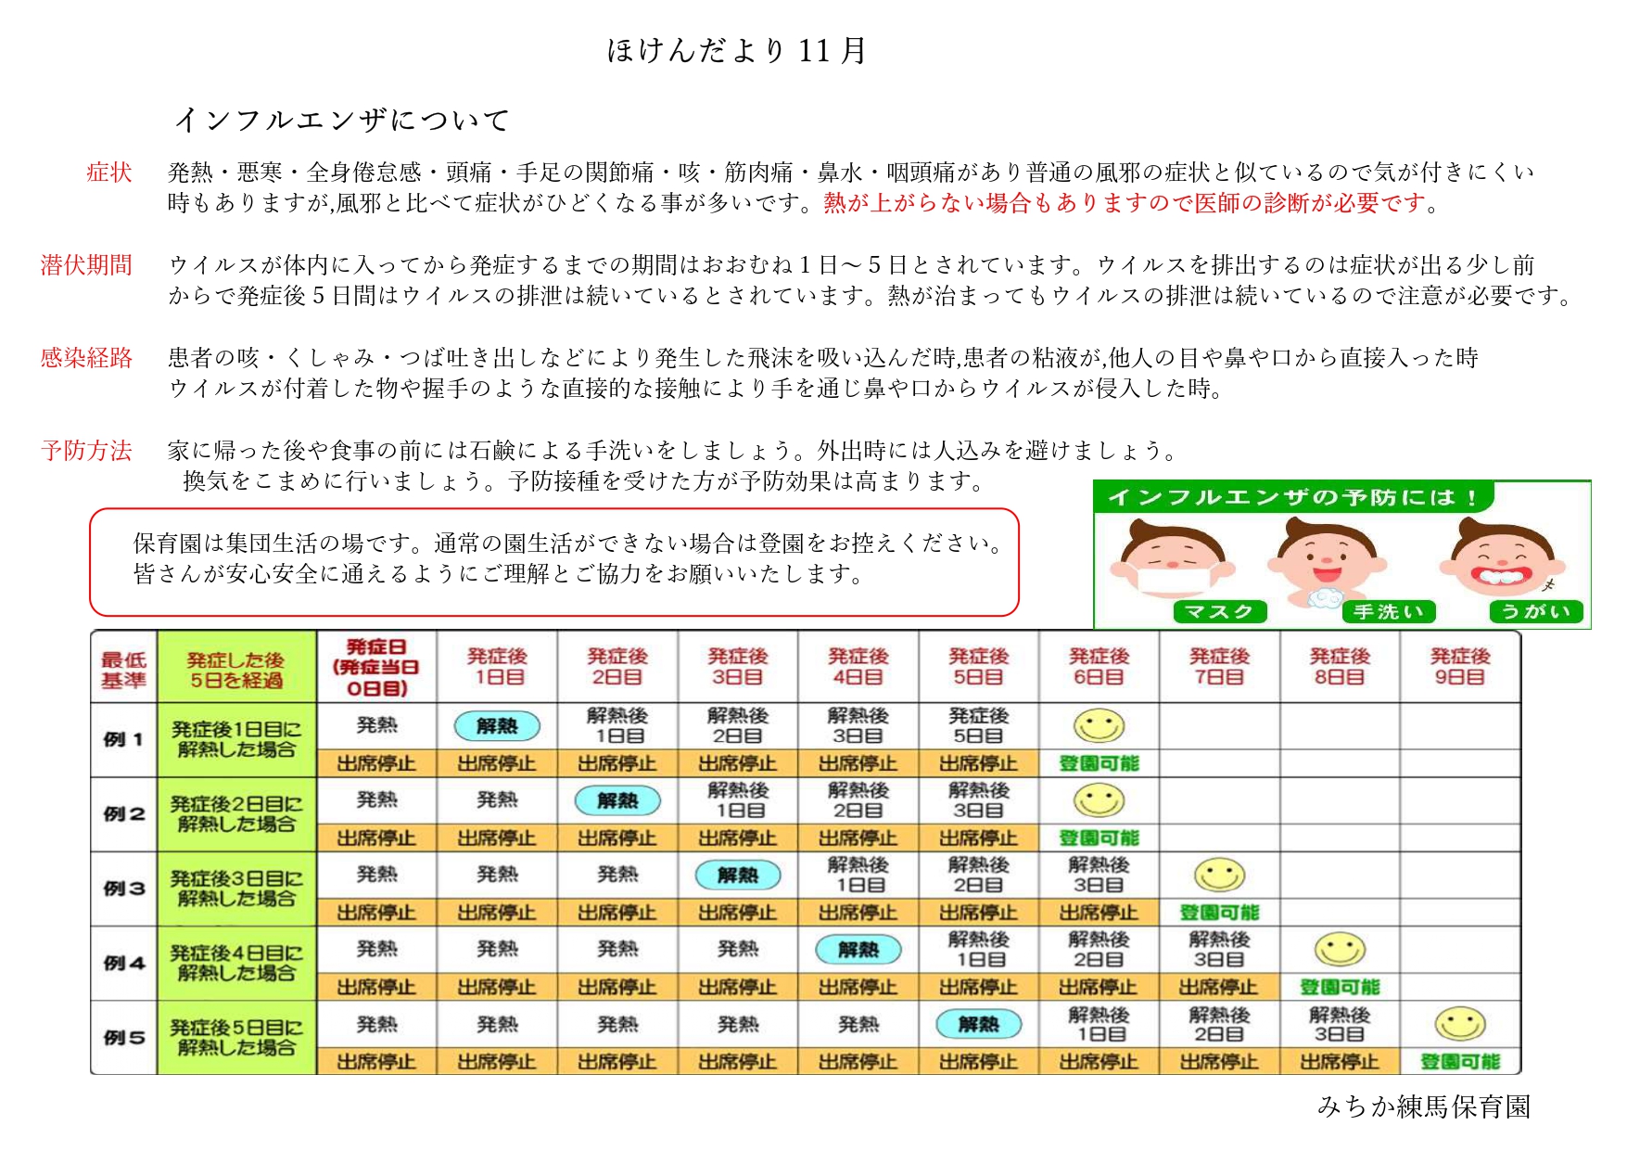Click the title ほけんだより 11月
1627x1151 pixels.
[x=736, y=50]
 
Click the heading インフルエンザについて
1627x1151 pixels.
[x=342, y=120]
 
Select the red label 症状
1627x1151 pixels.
[x=109, y=173]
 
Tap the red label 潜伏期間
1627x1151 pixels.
[x=86, y=265]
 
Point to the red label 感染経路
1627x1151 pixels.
[x=86, y=358]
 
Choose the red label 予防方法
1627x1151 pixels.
[x=86, y=451]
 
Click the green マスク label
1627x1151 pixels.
[x=1219, y=612]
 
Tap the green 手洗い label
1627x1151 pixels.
[x=1388, y=612]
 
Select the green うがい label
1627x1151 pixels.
[x=1535, y=612]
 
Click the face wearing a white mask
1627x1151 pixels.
[x=1173, y=561]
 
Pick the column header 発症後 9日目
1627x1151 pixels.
[x=1460, y=667]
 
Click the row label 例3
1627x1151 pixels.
[x=123, y=889]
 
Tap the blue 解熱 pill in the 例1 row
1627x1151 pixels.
[x=497, y=726]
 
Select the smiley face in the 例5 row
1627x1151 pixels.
[x=1460, y=1024]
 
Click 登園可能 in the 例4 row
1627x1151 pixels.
[x=1340, y=988]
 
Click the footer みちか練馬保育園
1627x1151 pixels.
[x=1423, y=1106]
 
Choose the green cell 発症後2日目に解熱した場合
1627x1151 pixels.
[x=236, y=814]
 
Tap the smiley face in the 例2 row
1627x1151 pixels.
[x=1099, y=800]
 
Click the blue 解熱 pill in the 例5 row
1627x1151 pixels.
[x=978, y=1024]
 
